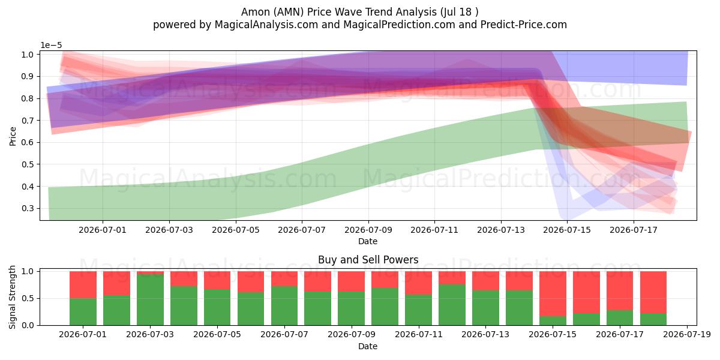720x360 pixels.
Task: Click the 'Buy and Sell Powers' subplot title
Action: pos(368,260)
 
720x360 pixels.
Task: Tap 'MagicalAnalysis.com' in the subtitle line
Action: pos(266,25)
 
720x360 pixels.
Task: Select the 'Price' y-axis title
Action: pos(13,136)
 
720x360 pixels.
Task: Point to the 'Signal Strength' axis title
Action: pos(12,298)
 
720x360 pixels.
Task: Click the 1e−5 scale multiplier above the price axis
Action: pos(51,46)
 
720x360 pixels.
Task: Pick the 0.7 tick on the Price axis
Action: pos(28,121)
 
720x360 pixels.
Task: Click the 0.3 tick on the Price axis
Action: pos(28,208)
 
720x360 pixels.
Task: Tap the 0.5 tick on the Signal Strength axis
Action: pos(28,298)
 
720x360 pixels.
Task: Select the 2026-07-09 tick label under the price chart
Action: pos(368,230)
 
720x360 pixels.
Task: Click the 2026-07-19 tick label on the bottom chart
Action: pos(687,335)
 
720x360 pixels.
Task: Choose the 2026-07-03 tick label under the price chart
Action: pos(169,230)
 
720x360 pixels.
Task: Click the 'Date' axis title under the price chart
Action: pos(368,241)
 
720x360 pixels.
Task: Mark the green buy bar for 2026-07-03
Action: pos(150,299)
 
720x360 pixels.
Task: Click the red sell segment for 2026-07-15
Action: pos(553,294)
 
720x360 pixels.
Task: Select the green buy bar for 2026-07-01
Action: pos(83,312)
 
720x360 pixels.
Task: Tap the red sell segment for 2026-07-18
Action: pos(653,292)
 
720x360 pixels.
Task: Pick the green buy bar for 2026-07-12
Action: pos(452,305)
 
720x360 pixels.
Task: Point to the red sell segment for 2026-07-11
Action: pos(418,283)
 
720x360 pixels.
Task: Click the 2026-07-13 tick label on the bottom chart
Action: pos(485,335)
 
